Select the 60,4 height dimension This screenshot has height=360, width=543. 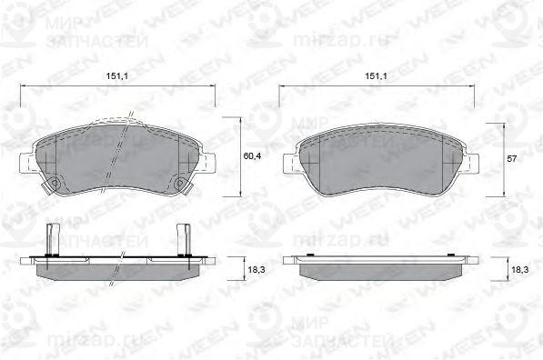[x=252, y=156]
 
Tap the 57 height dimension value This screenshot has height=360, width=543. [x=513, y=158]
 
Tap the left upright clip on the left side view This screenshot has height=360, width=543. [x=51, y=237]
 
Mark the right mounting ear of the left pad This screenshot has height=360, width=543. [x=208, y=164]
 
